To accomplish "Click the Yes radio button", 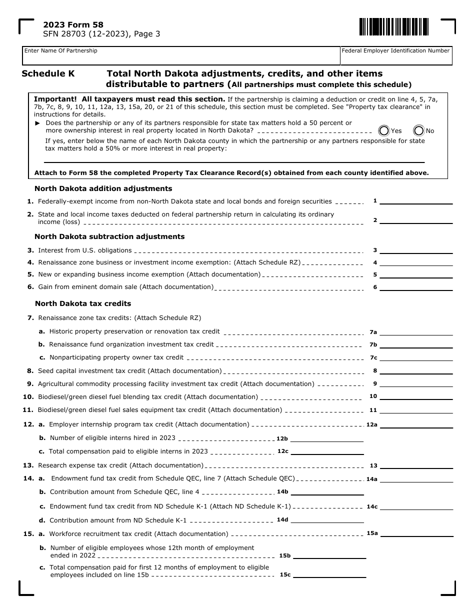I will point(384,130).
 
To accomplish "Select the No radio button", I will point(418,130).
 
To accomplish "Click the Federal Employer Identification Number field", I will point(396,57).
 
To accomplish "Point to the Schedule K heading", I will point(48,73).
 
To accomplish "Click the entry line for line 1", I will point(416,201).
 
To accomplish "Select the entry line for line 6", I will point(416,287).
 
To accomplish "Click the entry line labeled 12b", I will point(327,438).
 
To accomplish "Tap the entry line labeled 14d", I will point(327,520).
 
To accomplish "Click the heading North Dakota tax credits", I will point(83,303).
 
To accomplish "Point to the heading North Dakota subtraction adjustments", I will point(109,236).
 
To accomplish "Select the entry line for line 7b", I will point(416,345).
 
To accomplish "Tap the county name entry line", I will point(234,160).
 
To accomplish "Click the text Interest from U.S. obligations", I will point(85,250).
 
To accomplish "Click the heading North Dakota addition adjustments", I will point(103,188).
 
